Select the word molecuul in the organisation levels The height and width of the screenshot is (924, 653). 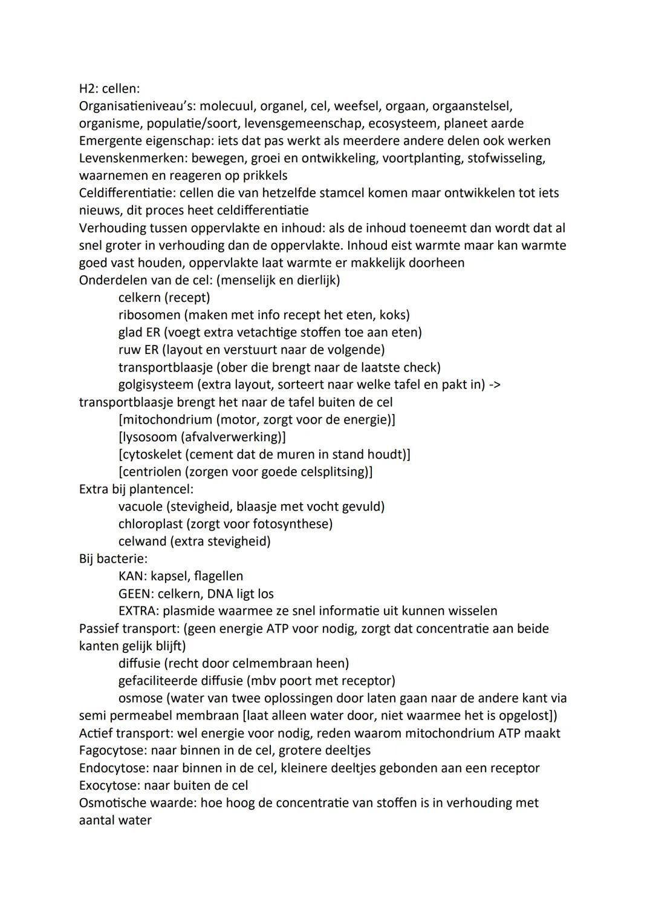click(x=227, y=106)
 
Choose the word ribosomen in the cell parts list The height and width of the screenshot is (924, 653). click(x=149, y=315)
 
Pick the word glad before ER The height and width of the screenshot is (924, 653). click(x=131, y=333)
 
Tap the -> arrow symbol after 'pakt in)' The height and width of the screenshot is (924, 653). click(x=493, y=385)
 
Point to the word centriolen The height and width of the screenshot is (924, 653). click(x=149, y=472)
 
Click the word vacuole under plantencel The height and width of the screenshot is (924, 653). click(x=140, y=506)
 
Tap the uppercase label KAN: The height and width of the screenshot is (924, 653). click(x=133, y=576)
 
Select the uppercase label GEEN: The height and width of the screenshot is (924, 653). click(x=136, y=594)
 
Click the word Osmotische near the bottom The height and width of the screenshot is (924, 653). click(x=113, y=803)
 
